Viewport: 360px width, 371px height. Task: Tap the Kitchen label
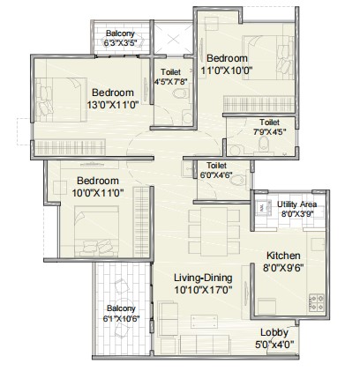[284, 256]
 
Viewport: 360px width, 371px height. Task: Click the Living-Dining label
[204, 276]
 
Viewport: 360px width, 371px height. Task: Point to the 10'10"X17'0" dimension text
[204, 287]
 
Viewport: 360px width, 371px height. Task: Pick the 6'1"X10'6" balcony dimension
[124, 318]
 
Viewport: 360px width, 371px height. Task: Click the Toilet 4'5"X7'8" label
[171, 78]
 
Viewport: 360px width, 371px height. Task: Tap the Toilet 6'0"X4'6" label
[216, 170]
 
